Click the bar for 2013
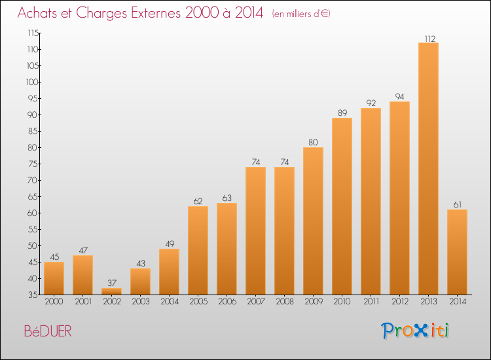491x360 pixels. tap(428, 168)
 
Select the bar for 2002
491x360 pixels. tap(111, 291)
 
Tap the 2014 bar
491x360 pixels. tap(457, 252)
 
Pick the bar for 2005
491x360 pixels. tap(198, 251)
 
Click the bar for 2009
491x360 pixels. tap(313, 221)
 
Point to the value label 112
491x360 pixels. tap(430, 39)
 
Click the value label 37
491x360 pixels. tap(112, 283)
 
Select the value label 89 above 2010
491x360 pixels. tap(342, 113)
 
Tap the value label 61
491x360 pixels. tap(458, 204)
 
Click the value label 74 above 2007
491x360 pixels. tap(256, 162)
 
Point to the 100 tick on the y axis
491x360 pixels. tap(33, 82)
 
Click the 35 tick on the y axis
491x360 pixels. tap(33, 295)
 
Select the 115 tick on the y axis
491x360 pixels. tap(33, 33)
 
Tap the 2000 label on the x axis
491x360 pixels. tap(54, 302)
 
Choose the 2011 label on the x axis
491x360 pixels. tap(371, 302)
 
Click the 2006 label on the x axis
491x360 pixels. tap(227, 302)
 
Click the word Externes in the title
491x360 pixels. tap(156, 13)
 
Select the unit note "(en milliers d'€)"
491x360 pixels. tap(301, 14)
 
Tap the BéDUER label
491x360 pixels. tap(48, 331)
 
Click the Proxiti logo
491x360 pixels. tap(415, 331)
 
